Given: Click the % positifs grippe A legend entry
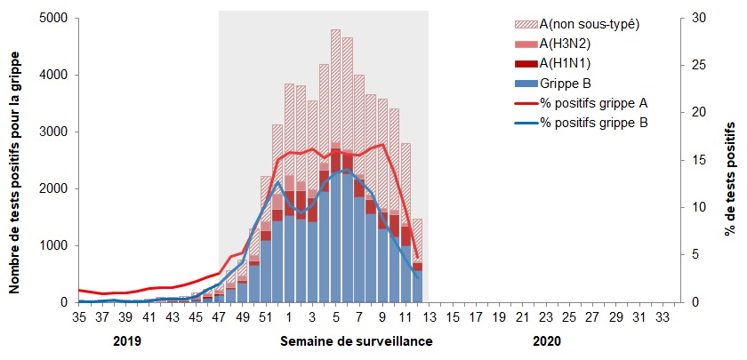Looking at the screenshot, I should point(593,103).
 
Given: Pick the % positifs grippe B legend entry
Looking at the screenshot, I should point(593,123).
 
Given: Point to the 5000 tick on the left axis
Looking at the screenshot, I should point(54,19).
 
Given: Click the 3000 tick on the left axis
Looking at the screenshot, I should point(54,132).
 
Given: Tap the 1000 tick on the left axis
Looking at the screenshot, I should point(54,246).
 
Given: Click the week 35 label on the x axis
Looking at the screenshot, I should point(78,316).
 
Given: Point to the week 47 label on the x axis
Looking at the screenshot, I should point(219,316).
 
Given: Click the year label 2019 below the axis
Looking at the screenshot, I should point(127,341).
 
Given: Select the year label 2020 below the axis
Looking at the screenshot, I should point(547,341).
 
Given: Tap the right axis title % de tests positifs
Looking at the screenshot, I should point(728,161).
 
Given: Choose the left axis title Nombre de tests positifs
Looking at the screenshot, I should point(16,161).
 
